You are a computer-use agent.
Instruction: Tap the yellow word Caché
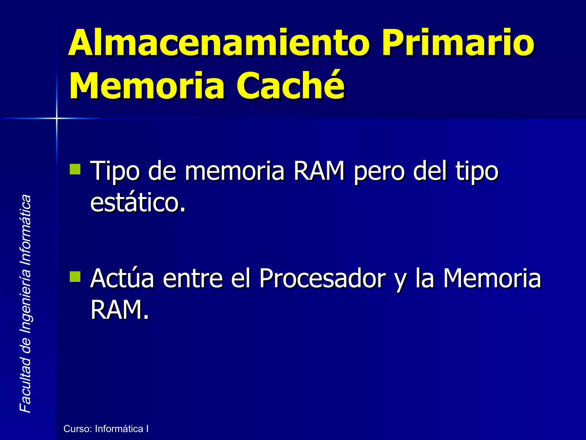point(290,85)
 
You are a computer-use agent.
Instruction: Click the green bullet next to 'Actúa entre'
point(75,277)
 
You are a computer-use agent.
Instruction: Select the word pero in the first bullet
point(379,171)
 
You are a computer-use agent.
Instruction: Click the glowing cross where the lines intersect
point(57,118)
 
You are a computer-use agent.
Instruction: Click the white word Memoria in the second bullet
point(492,278)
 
